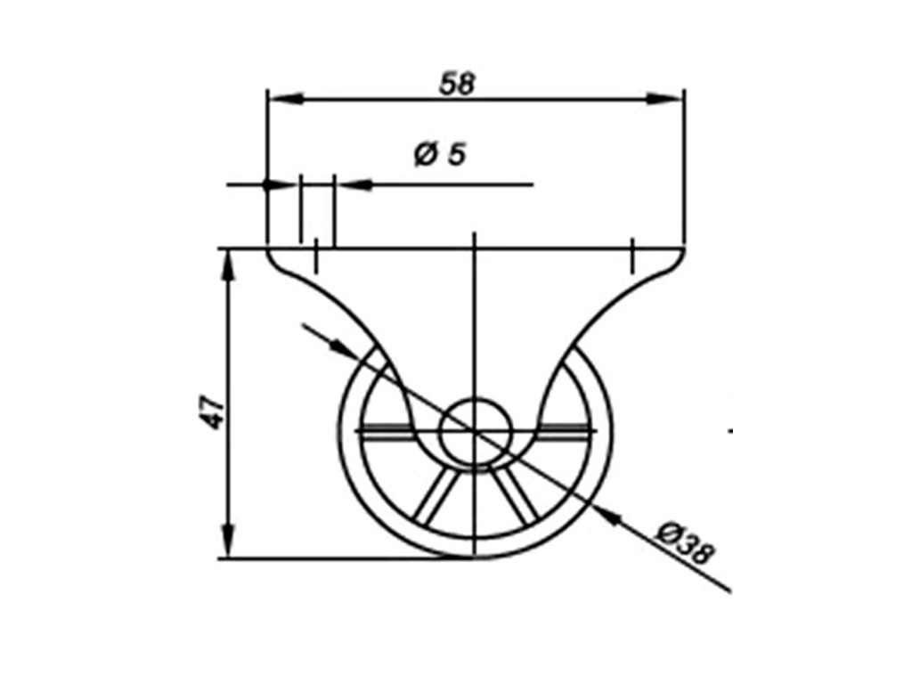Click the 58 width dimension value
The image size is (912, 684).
tap(459, 83)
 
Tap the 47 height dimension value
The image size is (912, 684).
tap(214, 412)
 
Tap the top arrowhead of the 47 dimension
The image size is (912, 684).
tap(229, 265)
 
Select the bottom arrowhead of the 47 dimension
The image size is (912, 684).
tap(229, 542)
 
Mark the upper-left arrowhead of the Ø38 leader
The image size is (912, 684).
tap(341, 348)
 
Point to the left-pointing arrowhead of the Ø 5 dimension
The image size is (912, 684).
tap(354, 184)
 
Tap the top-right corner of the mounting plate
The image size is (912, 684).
tap(684, 248)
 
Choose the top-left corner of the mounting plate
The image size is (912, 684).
tap(267, 248)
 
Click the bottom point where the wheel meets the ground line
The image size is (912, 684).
tap(476, 559)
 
